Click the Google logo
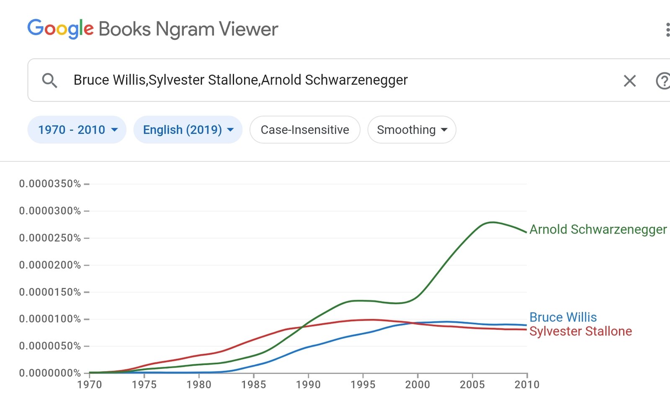60,28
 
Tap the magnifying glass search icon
49,80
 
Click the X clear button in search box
629,80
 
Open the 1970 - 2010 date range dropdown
77,130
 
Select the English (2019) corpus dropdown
188,130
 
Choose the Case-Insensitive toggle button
305,130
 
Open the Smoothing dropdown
412,130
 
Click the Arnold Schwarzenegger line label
598,229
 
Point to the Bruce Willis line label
563,317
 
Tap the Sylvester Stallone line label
580,331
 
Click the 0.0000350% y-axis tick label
50,184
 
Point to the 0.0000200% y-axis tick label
50,265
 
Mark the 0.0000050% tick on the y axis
50,346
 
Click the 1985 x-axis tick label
253,384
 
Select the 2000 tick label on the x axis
417,384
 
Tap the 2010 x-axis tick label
527,384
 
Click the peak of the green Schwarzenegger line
492,222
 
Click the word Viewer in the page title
248,29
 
